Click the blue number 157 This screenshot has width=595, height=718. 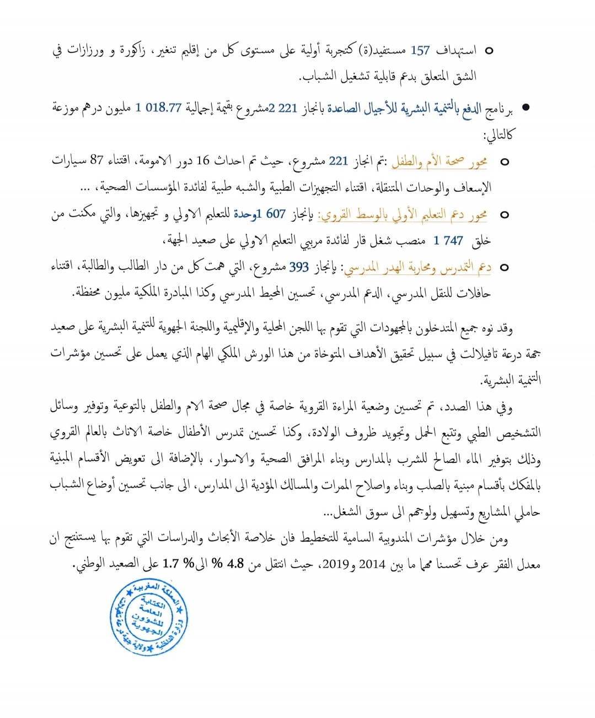(420, 51)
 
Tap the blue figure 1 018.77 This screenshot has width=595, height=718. (158, 107)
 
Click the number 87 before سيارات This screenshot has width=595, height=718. (97, 160)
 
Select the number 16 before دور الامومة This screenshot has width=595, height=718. (203, 160)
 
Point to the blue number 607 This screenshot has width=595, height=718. (276, 214)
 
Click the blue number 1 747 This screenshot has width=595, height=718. (448, 240)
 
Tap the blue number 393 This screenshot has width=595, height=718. (299, 267)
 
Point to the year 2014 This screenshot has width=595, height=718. (372, 564)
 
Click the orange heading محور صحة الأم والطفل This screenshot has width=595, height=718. (439, 161)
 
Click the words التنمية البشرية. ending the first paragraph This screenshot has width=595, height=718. (510, 380)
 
